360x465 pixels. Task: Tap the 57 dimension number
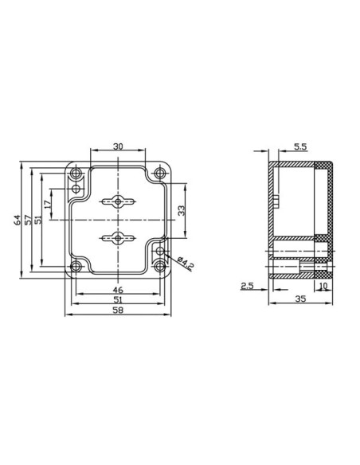[x=29, y=220]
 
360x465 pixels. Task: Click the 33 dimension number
[x=181, y=210]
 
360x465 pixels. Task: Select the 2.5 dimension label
[x=247, y=284]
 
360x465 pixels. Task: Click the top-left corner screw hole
[x=76, y=174]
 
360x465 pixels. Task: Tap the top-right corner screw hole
[x=161, y=174]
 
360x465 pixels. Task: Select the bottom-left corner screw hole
[x=76, y=267]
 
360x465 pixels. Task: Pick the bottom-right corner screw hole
[x=161, y=267]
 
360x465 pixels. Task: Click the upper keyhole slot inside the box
[x=118, y=201]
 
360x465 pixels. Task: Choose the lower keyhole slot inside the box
[x=118, y=236]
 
